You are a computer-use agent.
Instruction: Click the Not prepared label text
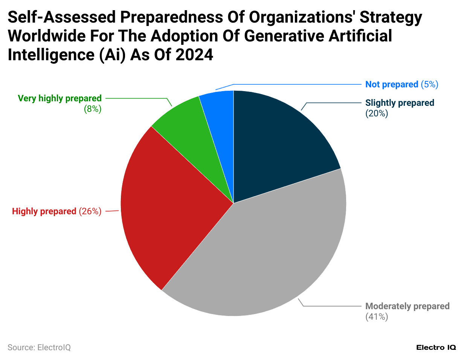coord(392,84)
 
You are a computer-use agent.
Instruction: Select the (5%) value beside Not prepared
coord(429,84)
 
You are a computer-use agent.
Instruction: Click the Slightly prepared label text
coord(400,103)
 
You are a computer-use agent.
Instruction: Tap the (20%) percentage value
coord(377,113)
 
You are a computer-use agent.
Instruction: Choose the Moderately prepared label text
coord(407,306)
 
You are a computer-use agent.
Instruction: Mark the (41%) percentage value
coord(377,317)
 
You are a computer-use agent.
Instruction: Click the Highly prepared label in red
coord(44,211)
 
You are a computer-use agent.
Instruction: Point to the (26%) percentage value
coord(90,211)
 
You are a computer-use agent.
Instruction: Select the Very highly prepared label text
coord(60,98)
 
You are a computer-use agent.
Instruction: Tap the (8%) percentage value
coord(93,109)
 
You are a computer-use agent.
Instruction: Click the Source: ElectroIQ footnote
coord(39,347)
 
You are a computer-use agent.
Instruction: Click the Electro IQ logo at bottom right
coord(436,347)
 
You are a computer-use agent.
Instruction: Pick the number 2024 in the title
coord(194,55)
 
